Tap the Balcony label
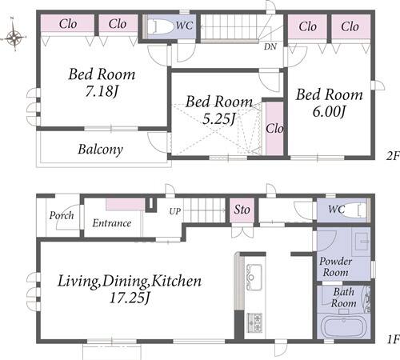click(x=101, y=150)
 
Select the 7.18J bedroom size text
click(x=102, y=91)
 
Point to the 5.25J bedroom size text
click(x=218, y=119)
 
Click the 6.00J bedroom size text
click(x=329, y=112)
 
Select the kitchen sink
click(x=254, y=278)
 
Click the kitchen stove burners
click(x=254, y=322)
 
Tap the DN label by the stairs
click(x=270, y=47)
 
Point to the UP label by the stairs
click(x=175, y=211)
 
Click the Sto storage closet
click(x=242, y=210)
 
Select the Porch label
click(x=62, y=216)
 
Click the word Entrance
click(x=112, y=223)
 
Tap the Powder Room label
click(x=335, y=266)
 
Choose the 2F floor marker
click(x=393, y=156)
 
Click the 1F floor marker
click(x=393, y=339)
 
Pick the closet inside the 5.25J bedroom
click(x=274, y=128)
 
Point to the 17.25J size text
click(x=130, y=298)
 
